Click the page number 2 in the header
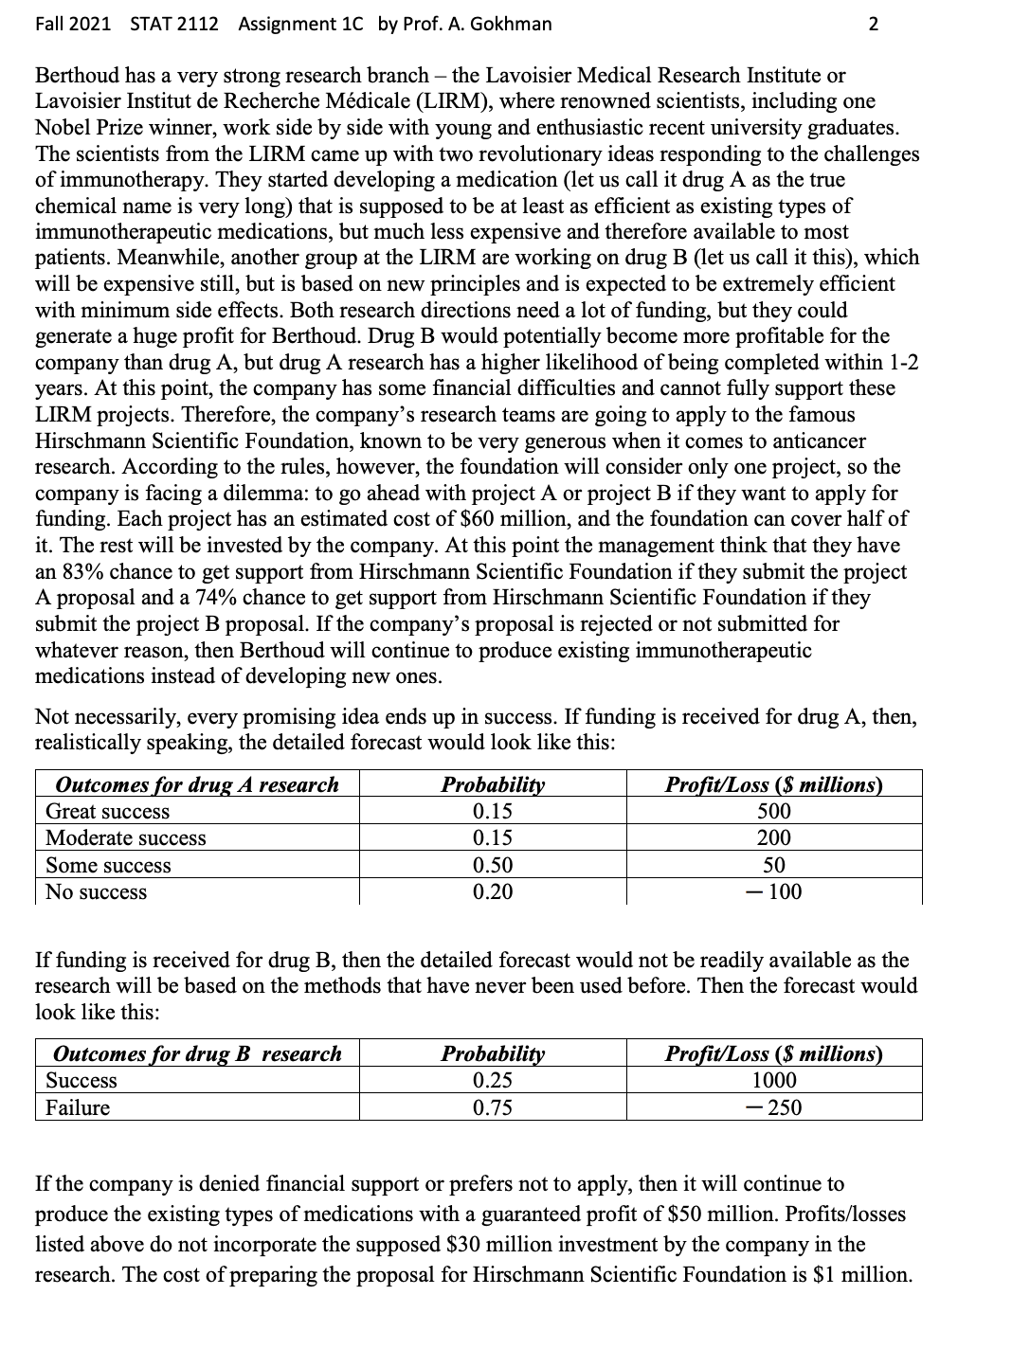click(873, 25)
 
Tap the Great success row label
click(107, 812)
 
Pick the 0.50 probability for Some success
click(492, 865)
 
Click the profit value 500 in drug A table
click(773, 812)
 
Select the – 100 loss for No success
click(773, 892)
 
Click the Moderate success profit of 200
click(773, 838)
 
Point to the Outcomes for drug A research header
click(197, 784)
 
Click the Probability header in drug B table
click(493, 1053)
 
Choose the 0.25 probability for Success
click(492, 1081)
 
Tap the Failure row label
click(78, 1107)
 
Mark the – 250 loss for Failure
click(773, 1107)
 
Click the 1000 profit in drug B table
click(773, 1081)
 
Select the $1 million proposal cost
click(861, 1274)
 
